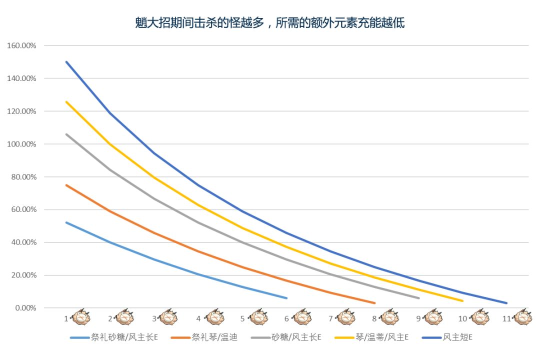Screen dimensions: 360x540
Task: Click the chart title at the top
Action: (x=270, y=22)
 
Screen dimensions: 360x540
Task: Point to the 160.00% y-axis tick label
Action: (x=22, y=45)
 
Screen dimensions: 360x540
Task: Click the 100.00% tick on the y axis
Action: (x=22, y=144)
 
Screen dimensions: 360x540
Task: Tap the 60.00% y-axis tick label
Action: (x=23, y=209)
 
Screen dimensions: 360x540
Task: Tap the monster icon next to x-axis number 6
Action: (x=301, y=317)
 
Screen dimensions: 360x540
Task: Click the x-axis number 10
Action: (x=462, y=318)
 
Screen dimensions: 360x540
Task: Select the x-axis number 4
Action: (x=198, y=318)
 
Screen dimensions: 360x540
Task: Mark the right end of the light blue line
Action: (x=286, y=298)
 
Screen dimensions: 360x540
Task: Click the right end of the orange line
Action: (x=375, y=303)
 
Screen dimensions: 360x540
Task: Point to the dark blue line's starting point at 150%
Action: (x=66, y=62)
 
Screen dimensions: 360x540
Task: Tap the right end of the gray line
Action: (x=419, y=298)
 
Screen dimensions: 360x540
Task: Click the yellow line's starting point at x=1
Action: (x=66, y=102)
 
